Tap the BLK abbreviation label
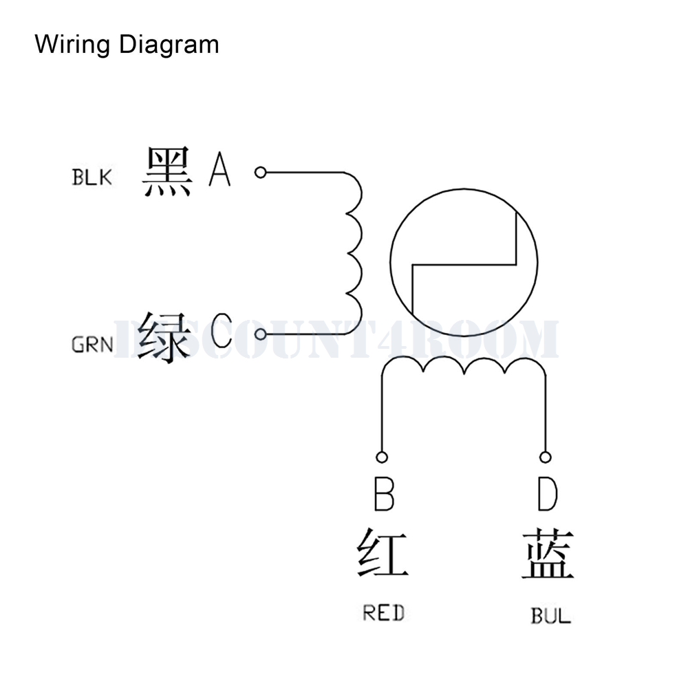click(92, 178)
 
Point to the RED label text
click(383, 612)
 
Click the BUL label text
click(550, 615)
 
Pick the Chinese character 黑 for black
click(168, 172)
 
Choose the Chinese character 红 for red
click(383, 555)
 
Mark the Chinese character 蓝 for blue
click(548, 555)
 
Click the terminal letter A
click(220, 170)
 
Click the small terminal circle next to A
click(260, 172)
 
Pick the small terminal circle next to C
click(260, 334)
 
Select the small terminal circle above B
click(382, 457)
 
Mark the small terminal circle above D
click(545, 457)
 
